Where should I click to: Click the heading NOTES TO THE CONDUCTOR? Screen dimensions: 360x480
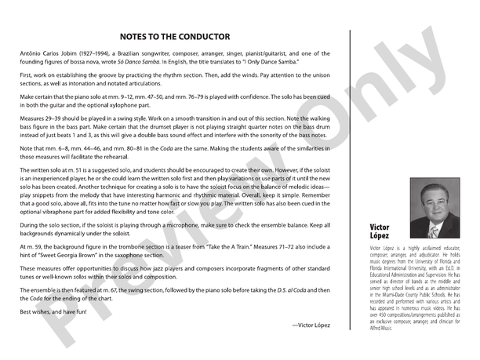[x=175, y=36]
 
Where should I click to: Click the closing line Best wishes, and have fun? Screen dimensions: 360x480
[x=53, y=312]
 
